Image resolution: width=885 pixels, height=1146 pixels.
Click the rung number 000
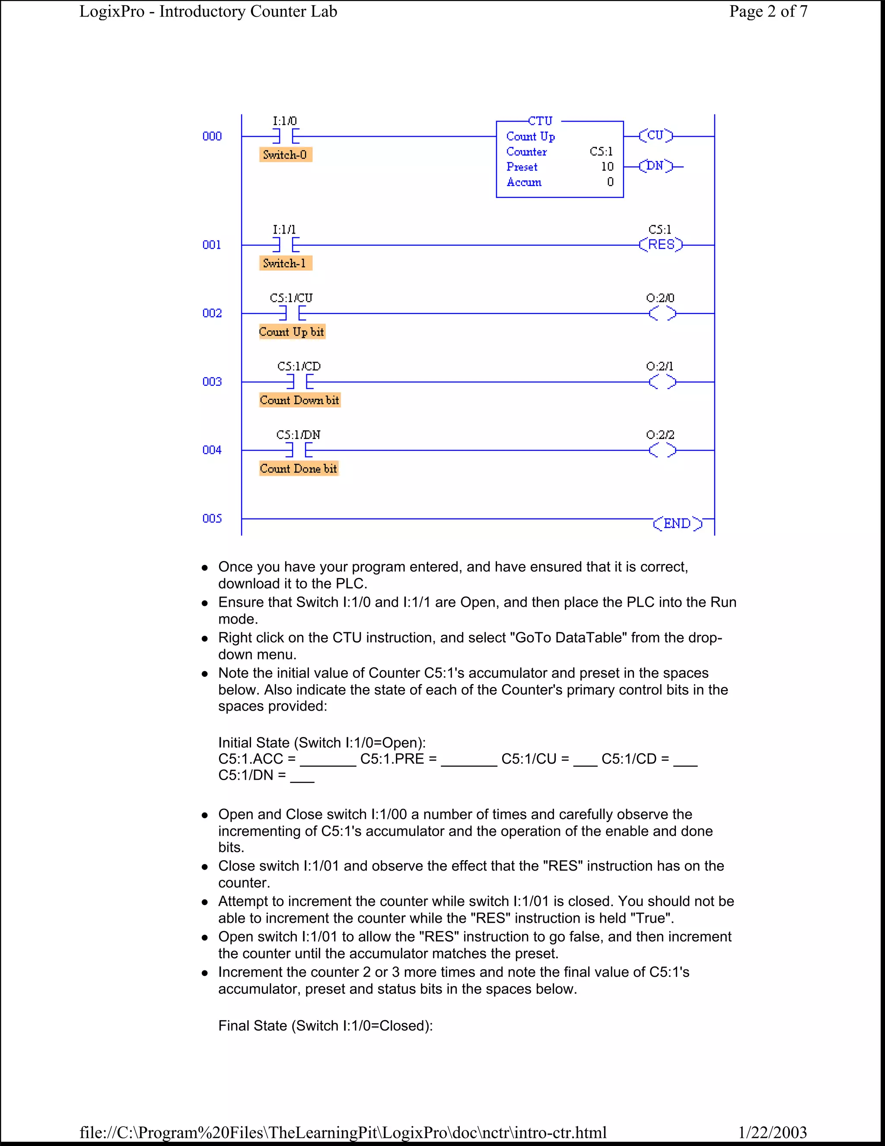[x=212, y=136]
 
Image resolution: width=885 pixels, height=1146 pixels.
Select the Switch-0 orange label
[x=285, y=155]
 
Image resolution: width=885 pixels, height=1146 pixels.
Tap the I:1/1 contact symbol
[x=286, y=244]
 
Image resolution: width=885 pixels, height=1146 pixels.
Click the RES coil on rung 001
[x=661, y=244]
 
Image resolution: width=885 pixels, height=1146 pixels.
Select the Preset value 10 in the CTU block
[x=607, y=167]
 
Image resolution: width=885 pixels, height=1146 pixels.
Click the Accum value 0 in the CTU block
[x=610, y=182]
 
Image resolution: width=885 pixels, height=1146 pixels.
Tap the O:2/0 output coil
[x=662, y=314]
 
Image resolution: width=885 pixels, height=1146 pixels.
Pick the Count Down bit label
[x=299, y=400]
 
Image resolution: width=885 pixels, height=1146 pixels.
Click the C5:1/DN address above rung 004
[x=298, y=435]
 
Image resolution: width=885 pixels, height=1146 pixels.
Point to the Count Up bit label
[x=292, y=332]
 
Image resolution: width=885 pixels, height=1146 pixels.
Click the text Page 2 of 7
[x=768, y=12]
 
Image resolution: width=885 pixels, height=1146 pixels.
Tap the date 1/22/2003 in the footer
[x=772, y=1132]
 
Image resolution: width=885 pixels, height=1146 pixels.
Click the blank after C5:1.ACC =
[x=328, y=760]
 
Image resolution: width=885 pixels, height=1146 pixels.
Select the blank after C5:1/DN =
[x=302, y=776]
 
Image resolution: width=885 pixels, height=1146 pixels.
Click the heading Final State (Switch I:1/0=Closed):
[x=325, y=1026]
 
